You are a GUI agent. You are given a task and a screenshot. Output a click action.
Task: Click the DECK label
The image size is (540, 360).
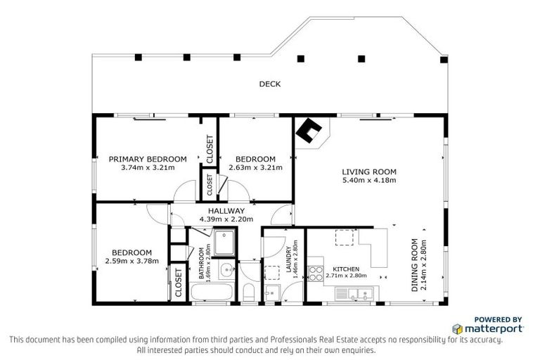269,84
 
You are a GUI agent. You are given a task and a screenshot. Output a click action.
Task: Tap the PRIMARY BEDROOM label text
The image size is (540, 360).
148,159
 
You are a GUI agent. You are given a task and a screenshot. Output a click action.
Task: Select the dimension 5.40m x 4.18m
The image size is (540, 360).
369,180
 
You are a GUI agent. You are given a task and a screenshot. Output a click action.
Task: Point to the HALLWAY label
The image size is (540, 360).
226,211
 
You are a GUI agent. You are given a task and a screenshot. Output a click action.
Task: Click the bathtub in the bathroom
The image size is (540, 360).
212,291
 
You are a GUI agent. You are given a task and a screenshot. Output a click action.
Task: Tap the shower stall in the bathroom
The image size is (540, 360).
226,243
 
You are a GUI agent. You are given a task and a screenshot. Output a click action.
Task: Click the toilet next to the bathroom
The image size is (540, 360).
247,292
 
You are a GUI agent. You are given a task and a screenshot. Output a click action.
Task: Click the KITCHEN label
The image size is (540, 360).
346,269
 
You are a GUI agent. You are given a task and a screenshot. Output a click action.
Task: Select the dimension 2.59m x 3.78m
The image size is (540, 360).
132,261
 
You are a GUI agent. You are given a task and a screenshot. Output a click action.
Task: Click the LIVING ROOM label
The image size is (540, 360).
369,172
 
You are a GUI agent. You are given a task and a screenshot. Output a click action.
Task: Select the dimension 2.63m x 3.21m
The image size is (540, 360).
255,167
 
